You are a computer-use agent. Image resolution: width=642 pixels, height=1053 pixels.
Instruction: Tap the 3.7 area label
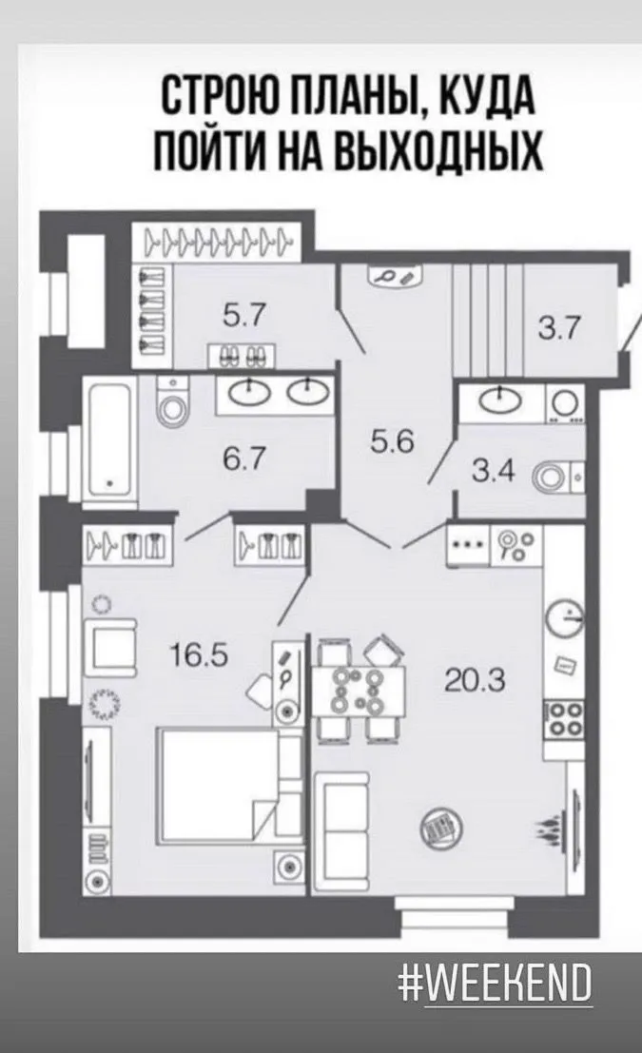point(558,329)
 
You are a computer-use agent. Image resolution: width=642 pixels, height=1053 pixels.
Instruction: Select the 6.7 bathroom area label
point(244,459)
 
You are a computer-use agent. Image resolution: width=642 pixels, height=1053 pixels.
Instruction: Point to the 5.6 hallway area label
point(393,441)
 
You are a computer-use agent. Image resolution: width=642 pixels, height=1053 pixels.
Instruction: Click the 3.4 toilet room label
point(494,472)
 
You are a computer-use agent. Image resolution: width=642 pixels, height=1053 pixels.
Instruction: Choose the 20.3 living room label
point(475,681)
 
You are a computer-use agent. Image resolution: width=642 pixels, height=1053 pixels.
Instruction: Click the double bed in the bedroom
point(228,786)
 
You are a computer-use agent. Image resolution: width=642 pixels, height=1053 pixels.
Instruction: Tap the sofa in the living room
point(341,831)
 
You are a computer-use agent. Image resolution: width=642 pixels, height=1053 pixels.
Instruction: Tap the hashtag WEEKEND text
point(496,984)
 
